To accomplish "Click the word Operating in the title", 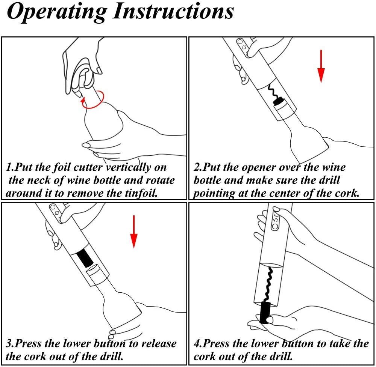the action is (x=57, y=12).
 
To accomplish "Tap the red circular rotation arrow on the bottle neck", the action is (x=92, y=100).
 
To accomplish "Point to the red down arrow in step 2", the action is (x=321, y=66).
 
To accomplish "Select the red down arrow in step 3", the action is (x=134, y=232).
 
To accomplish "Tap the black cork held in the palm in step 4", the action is (x=265, y=313).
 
